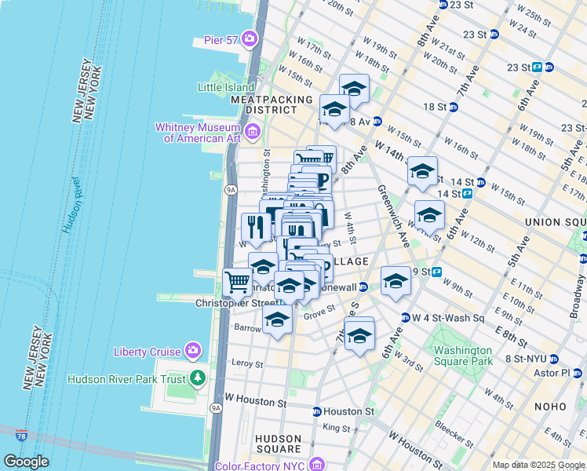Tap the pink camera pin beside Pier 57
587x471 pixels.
250,38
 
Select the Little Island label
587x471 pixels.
226,87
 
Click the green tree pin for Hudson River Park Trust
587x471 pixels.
199,379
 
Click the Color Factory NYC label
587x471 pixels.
270,466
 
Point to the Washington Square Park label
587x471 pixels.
463,356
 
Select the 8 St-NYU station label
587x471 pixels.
527,359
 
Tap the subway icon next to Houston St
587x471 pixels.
316,411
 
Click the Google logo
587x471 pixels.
26,462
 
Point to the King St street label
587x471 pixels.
336,429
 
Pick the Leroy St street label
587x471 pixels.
247,363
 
